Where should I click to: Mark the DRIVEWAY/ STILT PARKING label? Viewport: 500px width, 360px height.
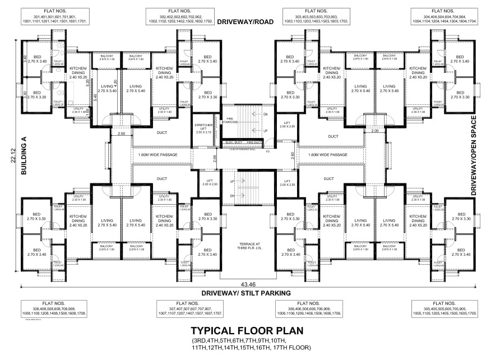tap(249, 293)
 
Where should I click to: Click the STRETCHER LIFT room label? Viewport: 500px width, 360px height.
tap(203, 128)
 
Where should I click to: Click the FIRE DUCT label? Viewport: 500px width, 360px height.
tap(254, 143)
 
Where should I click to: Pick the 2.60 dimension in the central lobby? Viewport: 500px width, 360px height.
tap(292, 154)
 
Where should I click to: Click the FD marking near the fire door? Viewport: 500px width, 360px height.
tap(267, 150)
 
